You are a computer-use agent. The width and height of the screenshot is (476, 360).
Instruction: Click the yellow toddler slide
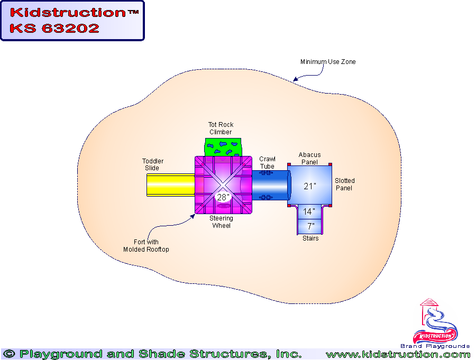[169, 185]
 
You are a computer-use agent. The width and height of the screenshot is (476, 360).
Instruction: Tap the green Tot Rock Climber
[223, 146]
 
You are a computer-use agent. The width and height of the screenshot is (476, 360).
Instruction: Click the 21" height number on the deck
[309, 186]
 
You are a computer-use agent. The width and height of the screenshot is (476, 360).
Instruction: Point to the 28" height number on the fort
[223, 197]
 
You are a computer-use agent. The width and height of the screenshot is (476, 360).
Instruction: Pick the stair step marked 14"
[309, 211]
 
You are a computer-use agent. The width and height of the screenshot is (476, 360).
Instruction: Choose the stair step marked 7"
[310, 226]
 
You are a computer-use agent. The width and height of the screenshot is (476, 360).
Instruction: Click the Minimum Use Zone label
[328, 62]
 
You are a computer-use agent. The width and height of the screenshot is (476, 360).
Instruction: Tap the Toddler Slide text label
[153, 164]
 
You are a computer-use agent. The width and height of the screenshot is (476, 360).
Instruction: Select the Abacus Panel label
[309, 159]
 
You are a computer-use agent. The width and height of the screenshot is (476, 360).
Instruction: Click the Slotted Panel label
[344, 184]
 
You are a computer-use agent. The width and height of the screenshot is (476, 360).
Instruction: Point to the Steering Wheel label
[221, 222]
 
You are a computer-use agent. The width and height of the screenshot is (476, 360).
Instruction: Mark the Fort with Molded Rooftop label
[146, 246]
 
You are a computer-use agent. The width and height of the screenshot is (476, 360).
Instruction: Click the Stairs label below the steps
[310, 238]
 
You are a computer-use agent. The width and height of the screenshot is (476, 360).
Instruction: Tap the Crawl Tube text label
[267, 163]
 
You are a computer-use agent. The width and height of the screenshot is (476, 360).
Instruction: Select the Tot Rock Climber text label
[221, 128]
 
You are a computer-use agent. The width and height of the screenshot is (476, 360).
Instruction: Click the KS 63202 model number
[54, 29]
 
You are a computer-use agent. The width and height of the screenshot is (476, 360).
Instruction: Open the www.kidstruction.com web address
[398, 354]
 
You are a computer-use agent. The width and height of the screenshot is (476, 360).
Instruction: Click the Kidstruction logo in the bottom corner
[435, 325]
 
